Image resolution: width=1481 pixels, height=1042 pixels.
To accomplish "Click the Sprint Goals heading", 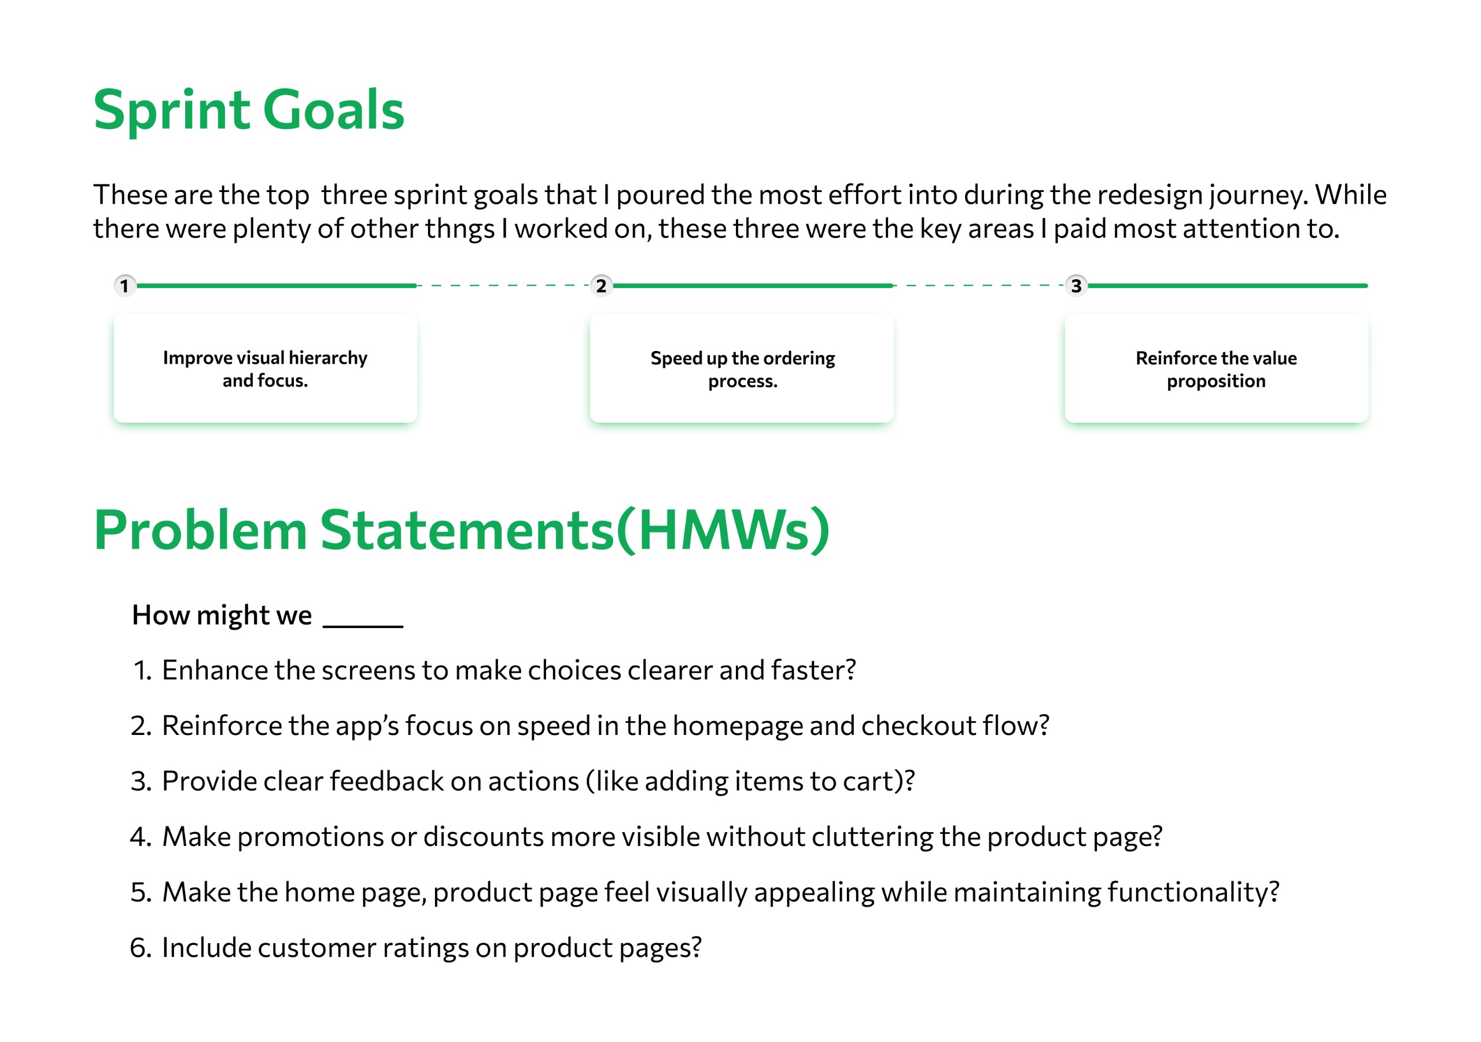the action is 249,111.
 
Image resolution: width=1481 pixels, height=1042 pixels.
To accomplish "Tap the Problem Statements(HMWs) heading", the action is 462,530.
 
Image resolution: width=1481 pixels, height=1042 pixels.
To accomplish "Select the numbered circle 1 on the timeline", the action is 124,286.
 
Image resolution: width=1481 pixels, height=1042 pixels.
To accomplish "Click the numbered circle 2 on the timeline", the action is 601,286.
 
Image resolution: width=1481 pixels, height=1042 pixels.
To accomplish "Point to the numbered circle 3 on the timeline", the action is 1076,286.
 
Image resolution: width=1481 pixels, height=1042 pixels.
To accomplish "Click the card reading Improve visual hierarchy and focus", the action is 266,368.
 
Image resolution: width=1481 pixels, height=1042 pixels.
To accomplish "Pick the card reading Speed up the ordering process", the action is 742,368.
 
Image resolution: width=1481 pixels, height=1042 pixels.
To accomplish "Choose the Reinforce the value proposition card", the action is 1217,368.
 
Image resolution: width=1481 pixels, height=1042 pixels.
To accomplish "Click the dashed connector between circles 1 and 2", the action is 504,285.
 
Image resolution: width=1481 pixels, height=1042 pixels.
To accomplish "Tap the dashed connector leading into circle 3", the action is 979,285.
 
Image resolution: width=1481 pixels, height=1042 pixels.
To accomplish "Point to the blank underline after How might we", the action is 363,626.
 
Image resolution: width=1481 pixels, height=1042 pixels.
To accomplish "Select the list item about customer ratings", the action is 415,948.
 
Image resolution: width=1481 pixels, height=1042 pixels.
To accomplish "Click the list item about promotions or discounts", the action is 646,837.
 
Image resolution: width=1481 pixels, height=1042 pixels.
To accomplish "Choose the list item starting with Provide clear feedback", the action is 522,782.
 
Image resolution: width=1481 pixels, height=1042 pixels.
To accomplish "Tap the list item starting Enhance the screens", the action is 493,671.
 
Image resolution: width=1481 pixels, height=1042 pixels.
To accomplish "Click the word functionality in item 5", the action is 1193,892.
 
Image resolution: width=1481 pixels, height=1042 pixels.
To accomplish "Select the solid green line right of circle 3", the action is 1228,286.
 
